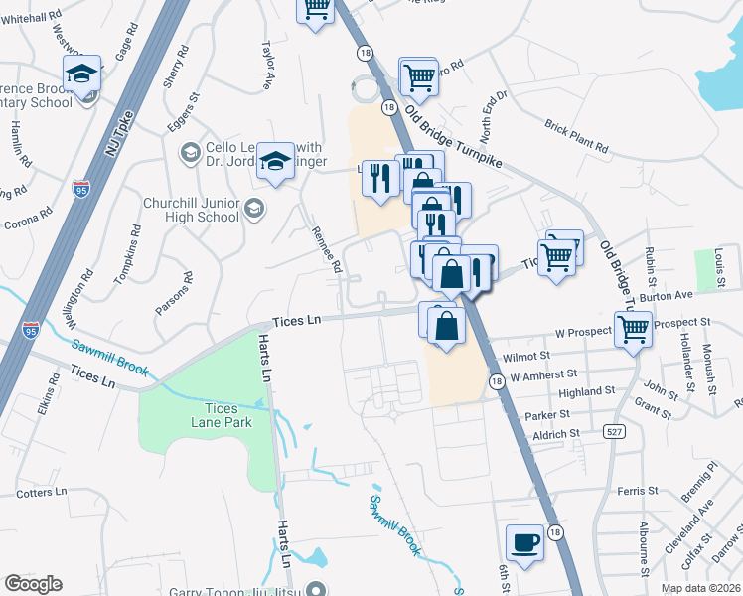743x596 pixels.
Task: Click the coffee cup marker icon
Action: coord(524,543)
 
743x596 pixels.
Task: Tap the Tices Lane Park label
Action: coord(195,414)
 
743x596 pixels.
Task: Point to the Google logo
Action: coord(33,584)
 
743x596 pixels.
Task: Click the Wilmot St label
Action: coord(526,355)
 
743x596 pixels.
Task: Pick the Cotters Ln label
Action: coord(41,492)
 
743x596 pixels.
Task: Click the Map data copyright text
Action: coord(701,588)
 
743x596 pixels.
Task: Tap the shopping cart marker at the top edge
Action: coord(316,10)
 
